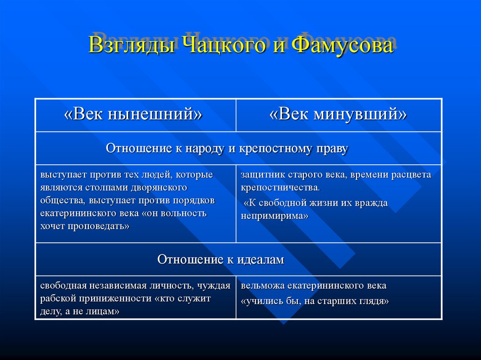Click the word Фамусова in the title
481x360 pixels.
341,46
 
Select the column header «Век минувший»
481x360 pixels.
338,115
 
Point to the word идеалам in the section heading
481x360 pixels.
259,259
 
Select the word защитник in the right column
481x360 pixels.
261,175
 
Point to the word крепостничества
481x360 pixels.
280,188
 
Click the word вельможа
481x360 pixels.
261,286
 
